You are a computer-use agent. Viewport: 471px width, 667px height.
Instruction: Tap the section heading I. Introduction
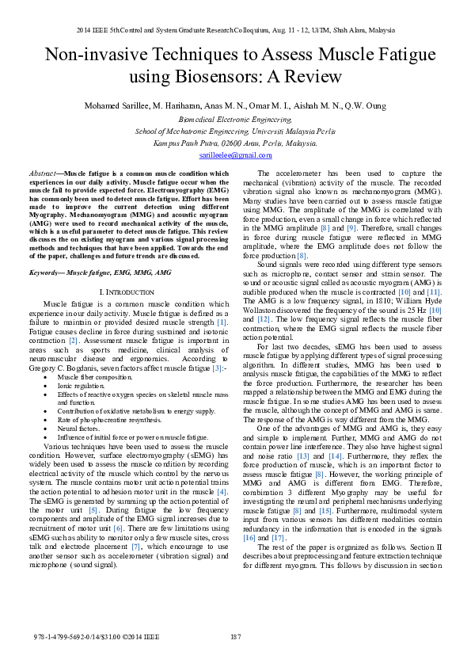click(x=127, y=292)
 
